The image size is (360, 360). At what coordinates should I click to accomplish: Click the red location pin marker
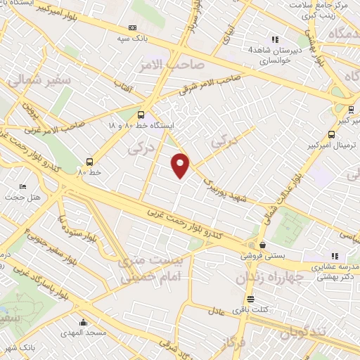point(181,165)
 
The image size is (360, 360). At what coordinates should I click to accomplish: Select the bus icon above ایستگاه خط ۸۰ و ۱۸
point(142,114)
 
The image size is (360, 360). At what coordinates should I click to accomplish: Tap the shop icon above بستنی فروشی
point(262,245)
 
